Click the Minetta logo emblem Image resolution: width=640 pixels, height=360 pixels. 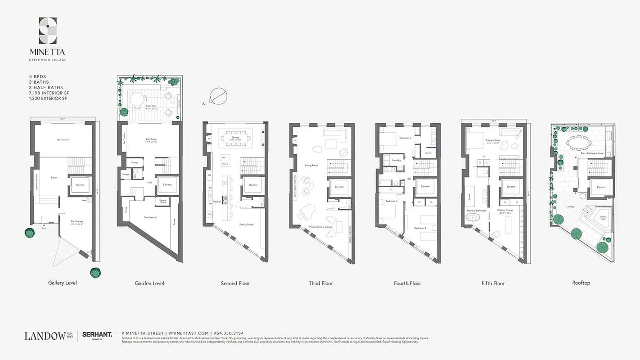click(x=48, y=30)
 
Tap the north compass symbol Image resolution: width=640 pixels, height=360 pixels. click(x=219, y=96)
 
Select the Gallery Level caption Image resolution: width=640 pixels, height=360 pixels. click(x=63, y=283)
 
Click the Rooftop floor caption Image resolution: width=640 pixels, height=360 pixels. click(x=581, y=283)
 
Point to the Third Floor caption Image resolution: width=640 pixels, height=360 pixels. click(x=321, y=283)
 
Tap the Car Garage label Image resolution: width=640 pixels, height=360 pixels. click(x=77, y=222)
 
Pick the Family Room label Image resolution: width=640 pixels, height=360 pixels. click(x=246, y=224)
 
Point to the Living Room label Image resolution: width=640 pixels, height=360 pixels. click(x=311, y=166)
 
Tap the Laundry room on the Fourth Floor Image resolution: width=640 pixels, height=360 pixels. click(x=397, y=160)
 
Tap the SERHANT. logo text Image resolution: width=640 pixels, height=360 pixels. click(x=97, y=335)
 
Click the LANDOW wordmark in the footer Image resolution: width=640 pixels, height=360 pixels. click(x=45, y=336)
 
